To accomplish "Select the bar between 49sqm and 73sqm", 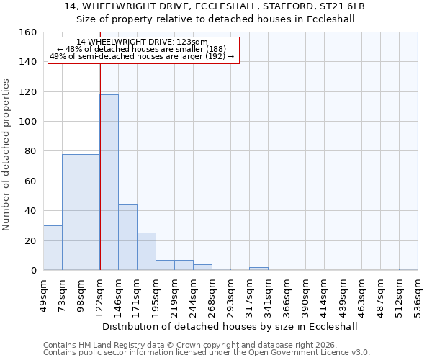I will [x=53, y=248].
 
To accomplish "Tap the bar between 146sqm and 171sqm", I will [x=127, y=238].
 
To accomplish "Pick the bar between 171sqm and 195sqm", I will [x=146, y=251].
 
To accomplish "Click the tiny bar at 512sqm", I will [x=408, y=269].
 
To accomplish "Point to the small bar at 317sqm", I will [x=258, y=269].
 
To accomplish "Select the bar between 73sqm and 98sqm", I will [x=71, y=212].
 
